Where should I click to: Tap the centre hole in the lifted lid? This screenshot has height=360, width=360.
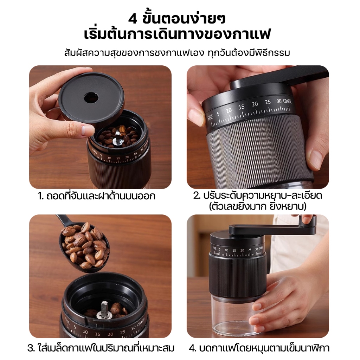coord(91,98)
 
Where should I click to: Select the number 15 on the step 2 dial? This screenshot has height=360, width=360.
coord(241,107)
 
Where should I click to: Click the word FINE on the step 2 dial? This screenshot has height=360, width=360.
coord(210,117)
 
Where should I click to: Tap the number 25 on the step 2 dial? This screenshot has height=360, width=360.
coord(268,102)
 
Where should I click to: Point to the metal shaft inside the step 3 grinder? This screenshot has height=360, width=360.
coord(103,309)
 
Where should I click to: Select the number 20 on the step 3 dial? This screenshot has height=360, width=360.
coord(110,334)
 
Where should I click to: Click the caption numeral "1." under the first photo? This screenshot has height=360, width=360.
coord(40,196)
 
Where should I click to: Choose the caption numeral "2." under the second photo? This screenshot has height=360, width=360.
coord(197,195)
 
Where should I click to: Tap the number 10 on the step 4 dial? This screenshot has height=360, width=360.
coord(226,250)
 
